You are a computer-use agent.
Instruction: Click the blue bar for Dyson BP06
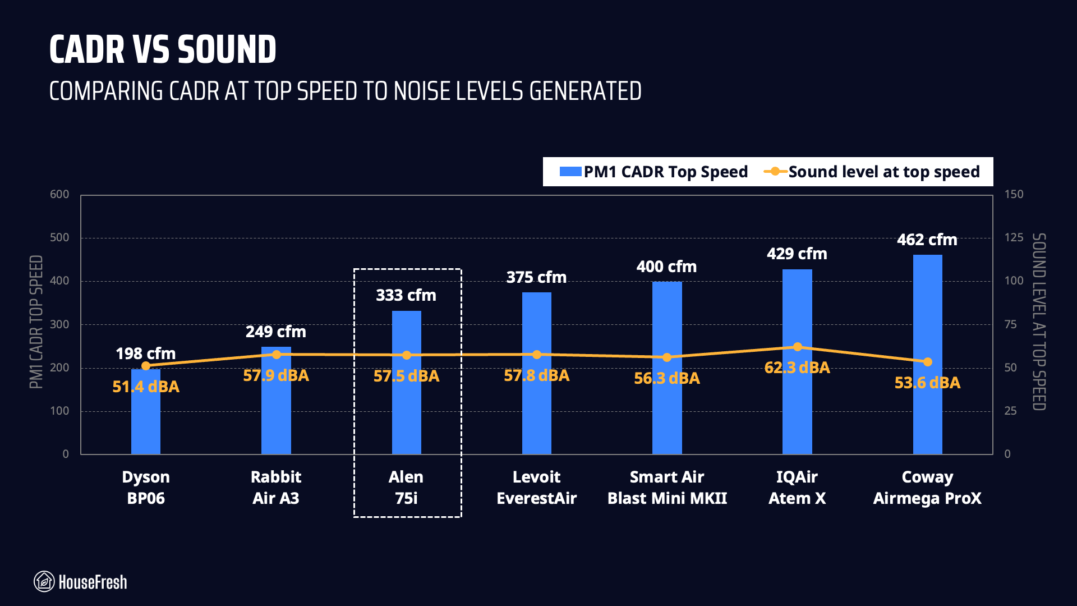[146, 415]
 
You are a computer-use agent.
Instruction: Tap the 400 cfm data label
[666, 267]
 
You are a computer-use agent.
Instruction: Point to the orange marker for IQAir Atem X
[797, 347]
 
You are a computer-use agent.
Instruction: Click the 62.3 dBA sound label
[797, 368]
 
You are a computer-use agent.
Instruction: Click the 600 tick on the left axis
[59, 194]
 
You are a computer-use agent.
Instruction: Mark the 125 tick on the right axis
[1014, 237]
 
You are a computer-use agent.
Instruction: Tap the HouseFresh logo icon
[44, 582]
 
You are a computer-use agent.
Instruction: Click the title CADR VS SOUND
[163, 49]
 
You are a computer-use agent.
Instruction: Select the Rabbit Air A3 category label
[276, 487]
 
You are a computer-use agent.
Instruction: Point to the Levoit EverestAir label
[536, 487]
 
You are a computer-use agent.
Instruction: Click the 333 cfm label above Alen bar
[406, 295]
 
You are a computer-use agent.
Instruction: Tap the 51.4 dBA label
[146, 387]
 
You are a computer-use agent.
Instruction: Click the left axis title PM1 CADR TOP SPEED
[36, 322]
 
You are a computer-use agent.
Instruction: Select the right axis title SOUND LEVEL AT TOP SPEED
[1039, 322]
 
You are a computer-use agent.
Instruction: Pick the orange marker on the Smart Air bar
[667, 357]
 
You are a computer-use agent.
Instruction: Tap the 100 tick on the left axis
[59, 411]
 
